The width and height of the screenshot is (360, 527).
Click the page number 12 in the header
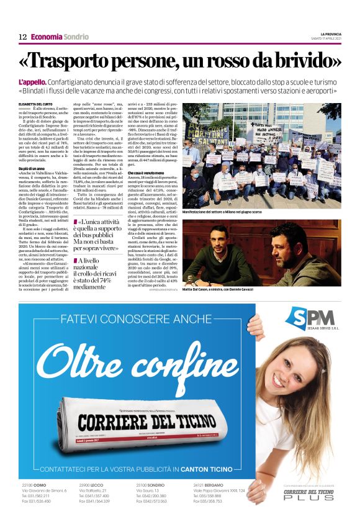pyautogui.click(x=22, y=37)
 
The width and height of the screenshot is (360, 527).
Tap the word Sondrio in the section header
pyautogui.click(x=76, y=37)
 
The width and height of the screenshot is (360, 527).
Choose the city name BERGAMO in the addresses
pyautogui.click(x=212, y=484)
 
